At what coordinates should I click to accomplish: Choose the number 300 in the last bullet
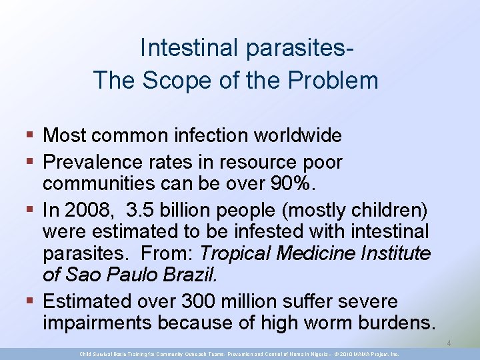coord(212,301)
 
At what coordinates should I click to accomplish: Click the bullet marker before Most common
coord(31,136)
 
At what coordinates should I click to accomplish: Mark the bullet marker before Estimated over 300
coord(31,302)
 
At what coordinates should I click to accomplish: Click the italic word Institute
coord(391,254)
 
